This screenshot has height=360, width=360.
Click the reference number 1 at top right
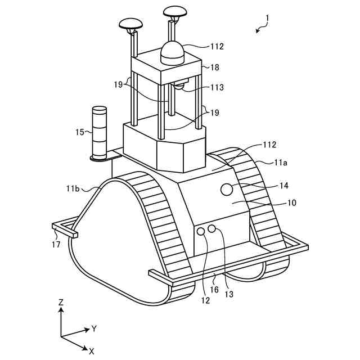coord(267,18)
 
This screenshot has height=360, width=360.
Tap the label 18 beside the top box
coord(214,67)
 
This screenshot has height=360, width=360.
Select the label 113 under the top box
coord(216,87)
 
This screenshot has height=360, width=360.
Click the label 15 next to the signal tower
coord(79,132)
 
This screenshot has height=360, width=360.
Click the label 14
coord(283,185)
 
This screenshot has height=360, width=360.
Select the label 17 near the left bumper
coord(56,245)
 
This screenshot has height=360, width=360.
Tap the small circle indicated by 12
coord(201,231)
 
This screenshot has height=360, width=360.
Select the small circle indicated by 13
coord(212,228)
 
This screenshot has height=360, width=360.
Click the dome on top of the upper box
coord(173,53)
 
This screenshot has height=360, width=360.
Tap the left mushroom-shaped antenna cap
coord(130,24)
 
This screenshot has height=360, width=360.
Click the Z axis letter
coord(61,302)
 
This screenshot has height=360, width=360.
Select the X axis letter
coord(91,350)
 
